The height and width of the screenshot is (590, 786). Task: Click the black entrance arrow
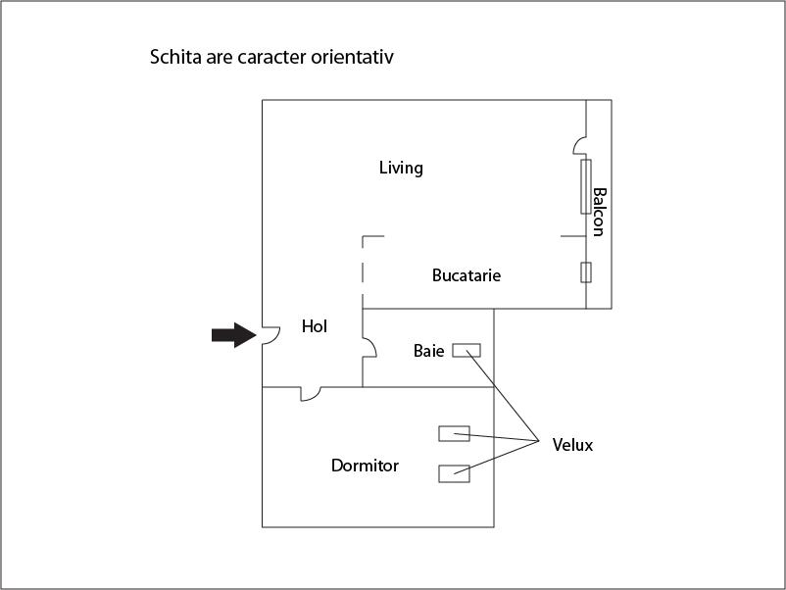coord(233,335)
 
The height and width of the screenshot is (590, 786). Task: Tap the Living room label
coord(401,168)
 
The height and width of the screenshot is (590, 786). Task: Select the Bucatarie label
coord(467,275)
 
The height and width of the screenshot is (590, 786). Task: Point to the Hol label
coord(315,327)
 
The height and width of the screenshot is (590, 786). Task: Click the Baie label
coord(428,350)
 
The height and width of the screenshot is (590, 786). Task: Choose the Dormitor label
coord(365,466)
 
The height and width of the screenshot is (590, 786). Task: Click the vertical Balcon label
coord(599,212)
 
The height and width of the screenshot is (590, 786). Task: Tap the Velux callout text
coord(572,445)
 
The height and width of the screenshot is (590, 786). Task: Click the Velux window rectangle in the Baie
coord(466,350)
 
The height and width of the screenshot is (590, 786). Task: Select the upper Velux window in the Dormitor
coord(454,433)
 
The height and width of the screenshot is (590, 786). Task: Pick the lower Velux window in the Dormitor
coord(454,473)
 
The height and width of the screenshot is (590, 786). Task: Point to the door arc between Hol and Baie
coord(370,348)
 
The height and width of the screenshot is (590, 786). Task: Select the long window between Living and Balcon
coord(585,186)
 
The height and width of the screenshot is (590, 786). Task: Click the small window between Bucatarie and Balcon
coord(586,272)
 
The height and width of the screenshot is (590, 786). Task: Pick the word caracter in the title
coord(271,57)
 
